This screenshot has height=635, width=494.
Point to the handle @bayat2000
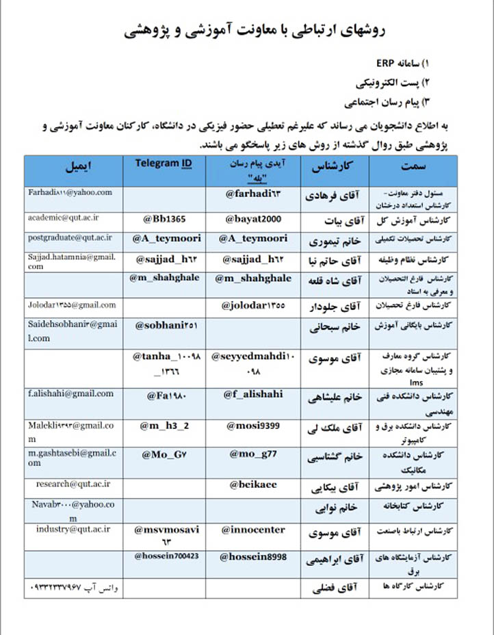tap(254, 219)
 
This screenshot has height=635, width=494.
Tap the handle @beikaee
tap(253, 485)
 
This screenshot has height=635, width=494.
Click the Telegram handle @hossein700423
tap(166, 556)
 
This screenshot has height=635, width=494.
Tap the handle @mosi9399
tap(254, 426)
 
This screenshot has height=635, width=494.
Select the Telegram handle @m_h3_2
tap(164, 425)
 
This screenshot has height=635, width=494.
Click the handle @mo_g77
tap(253, 454)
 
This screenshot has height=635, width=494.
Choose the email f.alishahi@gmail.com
tap(70, 393)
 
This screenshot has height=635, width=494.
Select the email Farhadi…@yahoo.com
tap(70, 193)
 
